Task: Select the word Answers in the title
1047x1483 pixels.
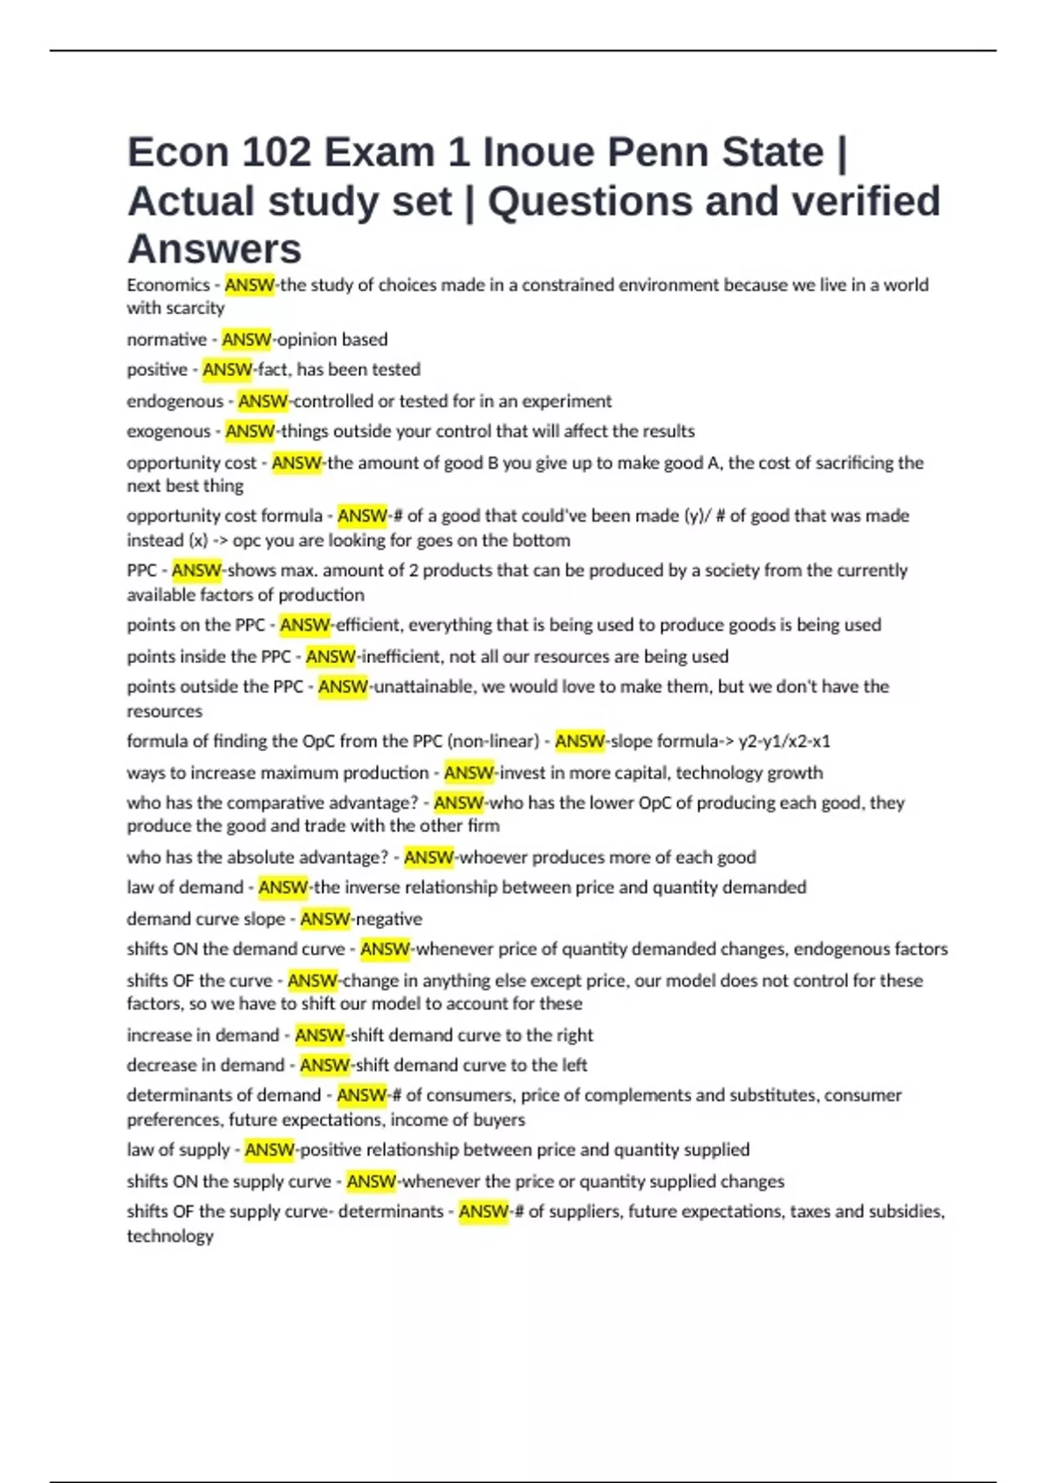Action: pyautogui.click(x=215, y=249)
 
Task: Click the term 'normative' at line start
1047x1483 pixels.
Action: pyautogui.click(x=167, y=339)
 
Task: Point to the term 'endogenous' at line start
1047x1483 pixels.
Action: pyautogui.click(x=175, y=401)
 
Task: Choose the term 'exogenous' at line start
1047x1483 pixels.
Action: pyautogui.click(x=169, y=431)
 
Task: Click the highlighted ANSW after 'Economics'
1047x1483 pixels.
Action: pyautogui.click(x=250, y=285)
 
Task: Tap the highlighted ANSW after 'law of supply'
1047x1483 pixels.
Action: pyautogui.click(x=270, y=1150)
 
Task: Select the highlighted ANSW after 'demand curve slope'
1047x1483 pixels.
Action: pyautogui.click(x=325, y=919)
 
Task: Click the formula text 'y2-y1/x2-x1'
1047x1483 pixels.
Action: pyautogui.click(x=784, y=741)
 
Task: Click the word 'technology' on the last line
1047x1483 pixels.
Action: pyautogui.click(x=170, y=1236)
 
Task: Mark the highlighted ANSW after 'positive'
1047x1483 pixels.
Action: pyautogui.click(x=228, y=370)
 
